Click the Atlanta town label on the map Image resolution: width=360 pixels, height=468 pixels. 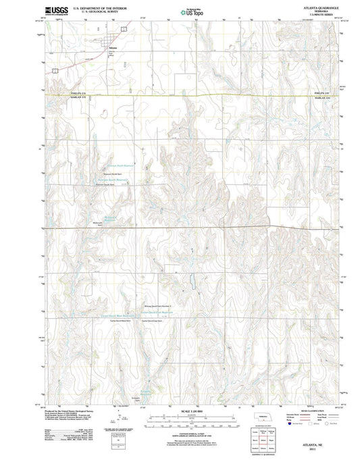[x=112, y=48]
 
